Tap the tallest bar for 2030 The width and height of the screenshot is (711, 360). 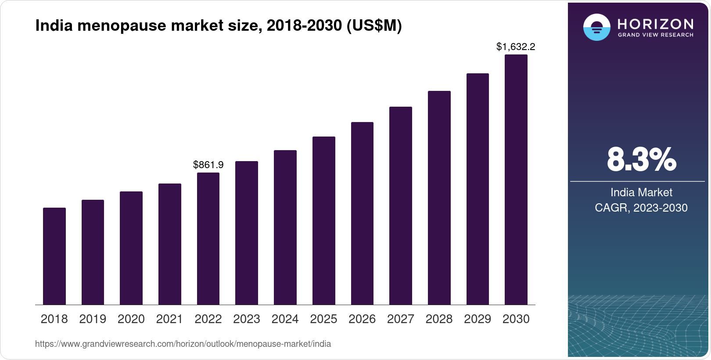click(x=516, y=180)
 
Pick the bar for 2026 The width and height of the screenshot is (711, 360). click(x=362, y=213)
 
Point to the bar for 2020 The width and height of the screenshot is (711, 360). click(x=131, y=248)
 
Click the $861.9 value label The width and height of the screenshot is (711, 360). click(x=208, y=165)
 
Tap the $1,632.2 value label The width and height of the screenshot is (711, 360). click(x=516, y=47)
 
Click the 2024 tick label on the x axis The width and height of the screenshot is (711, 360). click(x=285, y=319)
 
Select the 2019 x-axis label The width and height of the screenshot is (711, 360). click(x=93, y=319)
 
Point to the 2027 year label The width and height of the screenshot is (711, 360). click(x=400, y=319)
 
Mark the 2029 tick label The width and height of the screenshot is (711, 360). click(x=477, y=319)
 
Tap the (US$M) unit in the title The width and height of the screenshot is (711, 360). click(x=374, y=26)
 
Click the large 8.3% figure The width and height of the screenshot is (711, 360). click(x=641, y=160)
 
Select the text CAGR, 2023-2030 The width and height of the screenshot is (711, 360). click(x=641, y=208)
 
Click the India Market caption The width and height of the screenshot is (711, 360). click(x=641, y=192)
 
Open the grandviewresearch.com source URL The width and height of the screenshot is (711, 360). click(x=183, y=344)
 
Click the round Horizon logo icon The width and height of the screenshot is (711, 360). click(x=596, y=27)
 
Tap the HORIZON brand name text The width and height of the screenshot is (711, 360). click(x=655, y=24)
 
